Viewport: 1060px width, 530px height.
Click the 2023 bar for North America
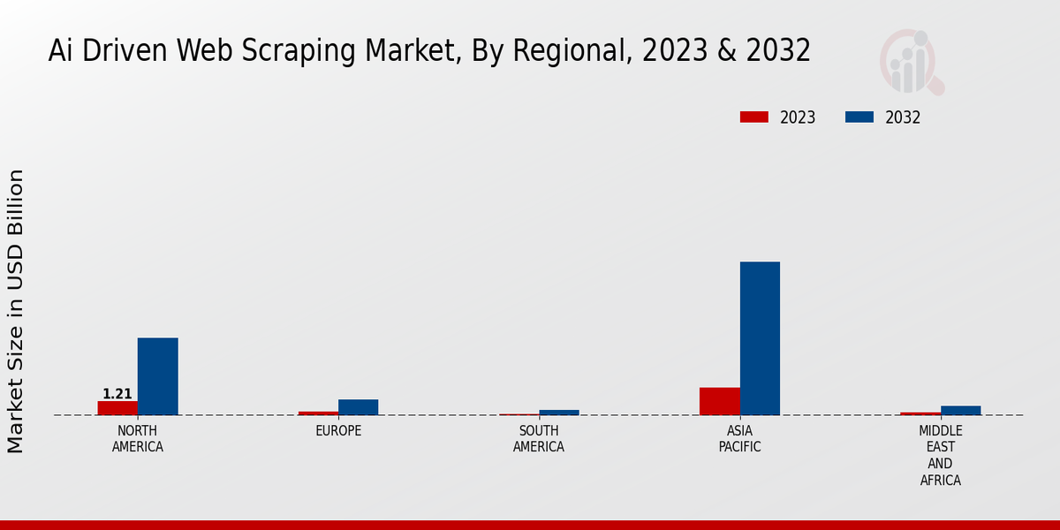click(117, 408)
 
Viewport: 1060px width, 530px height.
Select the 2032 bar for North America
click(157, 376)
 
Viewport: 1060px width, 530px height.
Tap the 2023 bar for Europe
click(318, 413)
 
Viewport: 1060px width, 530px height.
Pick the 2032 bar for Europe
click(358, 407)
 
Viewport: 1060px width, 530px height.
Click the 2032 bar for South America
click(559, 412)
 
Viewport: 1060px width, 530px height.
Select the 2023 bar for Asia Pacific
click(719, 401)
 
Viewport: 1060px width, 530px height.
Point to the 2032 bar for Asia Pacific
click(760, 338)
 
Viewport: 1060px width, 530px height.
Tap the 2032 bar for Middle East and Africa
click(960, 410)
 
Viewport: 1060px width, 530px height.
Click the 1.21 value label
click(117, 394)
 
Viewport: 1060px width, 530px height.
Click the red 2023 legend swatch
click(754, 117)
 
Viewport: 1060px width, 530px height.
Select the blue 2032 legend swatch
click(859, 117)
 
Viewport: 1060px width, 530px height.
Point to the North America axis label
click(137, 439)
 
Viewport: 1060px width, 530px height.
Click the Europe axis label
click(338, 431)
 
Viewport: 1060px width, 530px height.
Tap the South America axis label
click(539, 439)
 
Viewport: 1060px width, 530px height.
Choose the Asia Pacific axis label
click(739, 439)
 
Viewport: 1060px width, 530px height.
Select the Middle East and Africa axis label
click(940, 456)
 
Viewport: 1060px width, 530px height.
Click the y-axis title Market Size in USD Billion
click(16, 311)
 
